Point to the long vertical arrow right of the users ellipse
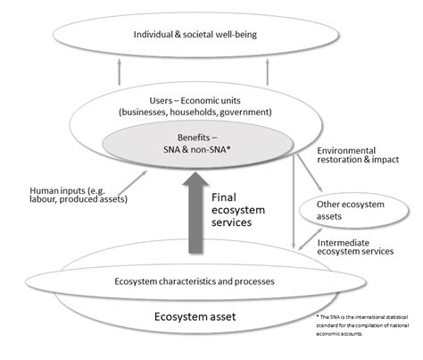tap(294, 197)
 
